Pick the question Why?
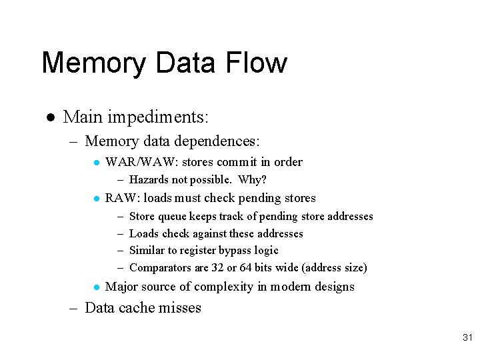point(253,180)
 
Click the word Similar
point(147,251)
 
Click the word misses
point(178,308)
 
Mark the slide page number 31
point(467,339)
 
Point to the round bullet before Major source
point(97,287)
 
